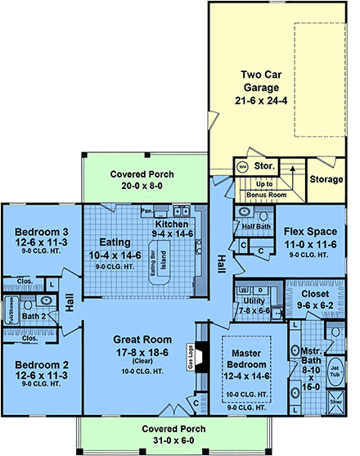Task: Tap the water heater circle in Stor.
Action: coord(242,166)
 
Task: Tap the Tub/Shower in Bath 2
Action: coord(11,314)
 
